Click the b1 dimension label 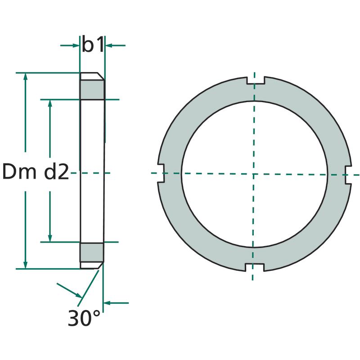click(93, 44)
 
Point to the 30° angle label click(84, 318)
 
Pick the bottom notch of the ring click(254, 267)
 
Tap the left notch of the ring click(161, 173)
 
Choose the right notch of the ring click(348, 175)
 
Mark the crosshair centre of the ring click(253, 174)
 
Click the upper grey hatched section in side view click(92, 90)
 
